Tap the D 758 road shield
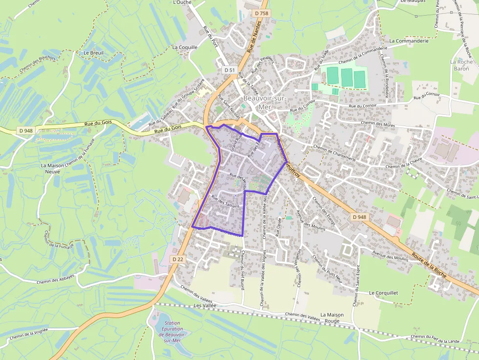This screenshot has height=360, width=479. tap(262, 13)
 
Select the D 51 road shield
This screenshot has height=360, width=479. tap(229, 70)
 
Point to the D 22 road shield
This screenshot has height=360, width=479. tap(177, 259)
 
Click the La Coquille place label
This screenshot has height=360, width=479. tap(185, 47)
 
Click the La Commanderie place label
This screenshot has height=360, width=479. tap(409, 41)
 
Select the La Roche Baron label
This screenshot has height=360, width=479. tap(459, 65)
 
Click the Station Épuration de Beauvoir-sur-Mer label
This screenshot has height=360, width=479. tap(174, 332)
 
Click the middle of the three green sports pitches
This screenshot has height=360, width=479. tap(347, 77)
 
